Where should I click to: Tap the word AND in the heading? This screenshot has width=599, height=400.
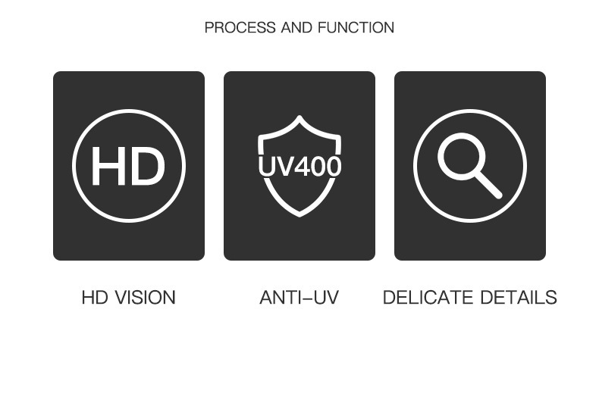[296, 28]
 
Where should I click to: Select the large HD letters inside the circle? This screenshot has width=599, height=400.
[128, 166]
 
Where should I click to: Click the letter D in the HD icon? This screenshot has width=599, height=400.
[149, 166]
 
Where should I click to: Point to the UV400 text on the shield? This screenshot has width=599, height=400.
[299, 166]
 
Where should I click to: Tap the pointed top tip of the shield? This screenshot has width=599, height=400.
[299, 118]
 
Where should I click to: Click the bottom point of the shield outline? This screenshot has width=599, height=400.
[299, 214]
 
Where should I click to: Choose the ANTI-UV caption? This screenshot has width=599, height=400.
[299, 298]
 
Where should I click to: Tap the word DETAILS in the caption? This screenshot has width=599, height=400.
[519, 298]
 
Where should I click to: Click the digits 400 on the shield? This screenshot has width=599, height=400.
[316, 166]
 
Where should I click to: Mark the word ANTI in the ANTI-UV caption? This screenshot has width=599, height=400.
[280, 298]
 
